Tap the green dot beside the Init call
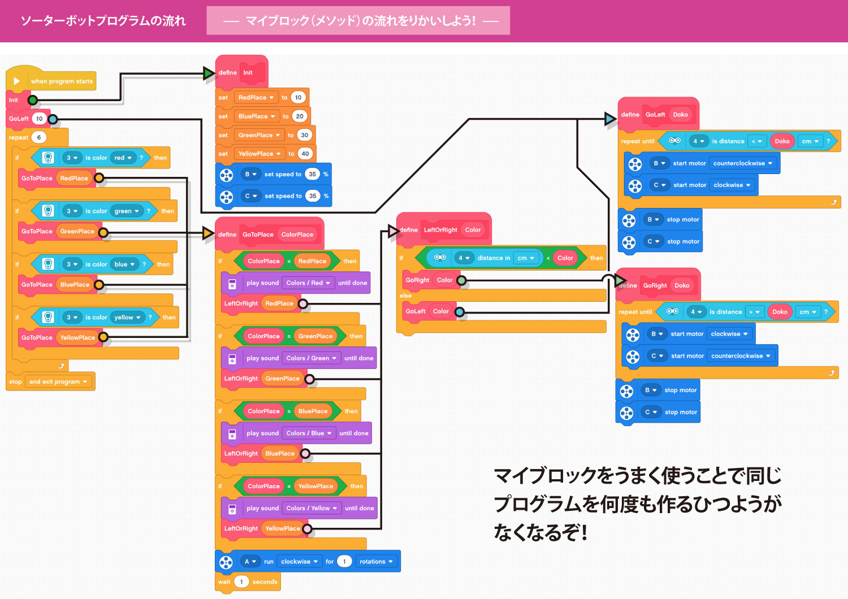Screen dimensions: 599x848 [33, 101]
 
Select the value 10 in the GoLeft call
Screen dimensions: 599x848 [39, 119]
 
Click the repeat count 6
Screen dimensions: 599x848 [39, 137]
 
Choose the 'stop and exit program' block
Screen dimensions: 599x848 [50, 382]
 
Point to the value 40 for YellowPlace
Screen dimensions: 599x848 [305, 154]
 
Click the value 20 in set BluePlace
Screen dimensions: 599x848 [299, 116]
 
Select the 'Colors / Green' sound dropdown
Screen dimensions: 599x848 [311, 358]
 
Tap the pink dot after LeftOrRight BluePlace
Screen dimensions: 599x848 [305, 454]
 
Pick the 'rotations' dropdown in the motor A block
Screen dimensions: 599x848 [376, 562]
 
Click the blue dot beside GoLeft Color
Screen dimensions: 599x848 [460, 312]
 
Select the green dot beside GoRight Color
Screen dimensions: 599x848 [461, 280]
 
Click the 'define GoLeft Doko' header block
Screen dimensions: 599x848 [658, 115]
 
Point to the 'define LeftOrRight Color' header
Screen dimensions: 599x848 [444, 230]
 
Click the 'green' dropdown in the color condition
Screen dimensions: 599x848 [127, 211]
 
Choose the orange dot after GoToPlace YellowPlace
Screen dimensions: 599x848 [103, 337]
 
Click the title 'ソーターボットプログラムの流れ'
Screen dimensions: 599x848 [103, 21]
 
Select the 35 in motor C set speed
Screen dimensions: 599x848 [313, 196]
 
